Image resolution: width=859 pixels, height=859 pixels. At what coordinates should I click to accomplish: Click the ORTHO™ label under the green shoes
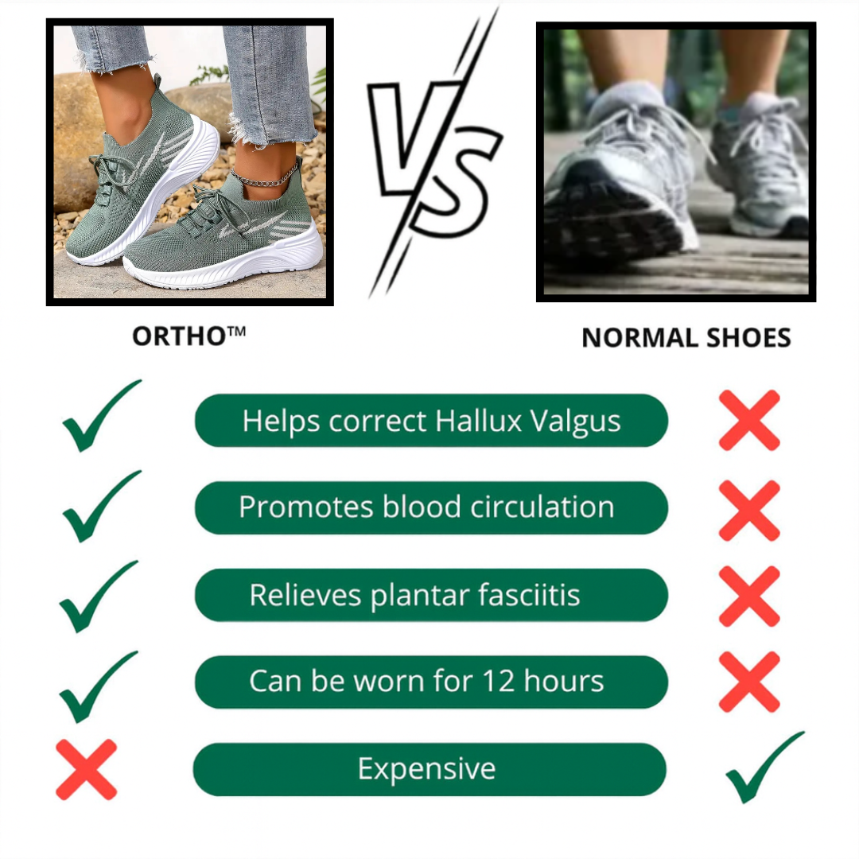pos(189,336)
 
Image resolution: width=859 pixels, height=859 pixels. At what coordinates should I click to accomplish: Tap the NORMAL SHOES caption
pos(686,337)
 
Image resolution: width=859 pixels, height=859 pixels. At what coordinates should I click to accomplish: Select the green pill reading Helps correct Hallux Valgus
pos(431,420)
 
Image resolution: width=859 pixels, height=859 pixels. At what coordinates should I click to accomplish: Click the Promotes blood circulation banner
pos(431,507)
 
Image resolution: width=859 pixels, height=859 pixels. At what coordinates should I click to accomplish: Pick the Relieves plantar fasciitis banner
pos(431,595)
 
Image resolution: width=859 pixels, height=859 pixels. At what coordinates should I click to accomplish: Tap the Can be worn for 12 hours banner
pos(431,682)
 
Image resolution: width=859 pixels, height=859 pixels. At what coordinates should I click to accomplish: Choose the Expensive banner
pos(429,768)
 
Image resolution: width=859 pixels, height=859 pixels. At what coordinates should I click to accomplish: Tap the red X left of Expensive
pos(87,769)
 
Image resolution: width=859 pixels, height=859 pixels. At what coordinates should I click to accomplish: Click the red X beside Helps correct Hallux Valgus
pos(749,420)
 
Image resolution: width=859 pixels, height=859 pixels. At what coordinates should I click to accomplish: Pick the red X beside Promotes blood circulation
pos(749,511)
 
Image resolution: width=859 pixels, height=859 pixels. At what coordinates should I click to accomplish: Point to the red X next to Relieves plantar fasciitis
pos(749,597)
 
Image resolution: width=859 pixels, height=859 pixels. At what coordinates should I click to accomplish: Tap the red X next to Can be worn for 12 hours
pos(749,682)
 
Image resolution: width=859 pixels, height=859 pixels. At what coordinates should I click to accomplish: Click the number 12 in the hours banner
pos(498,681)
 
